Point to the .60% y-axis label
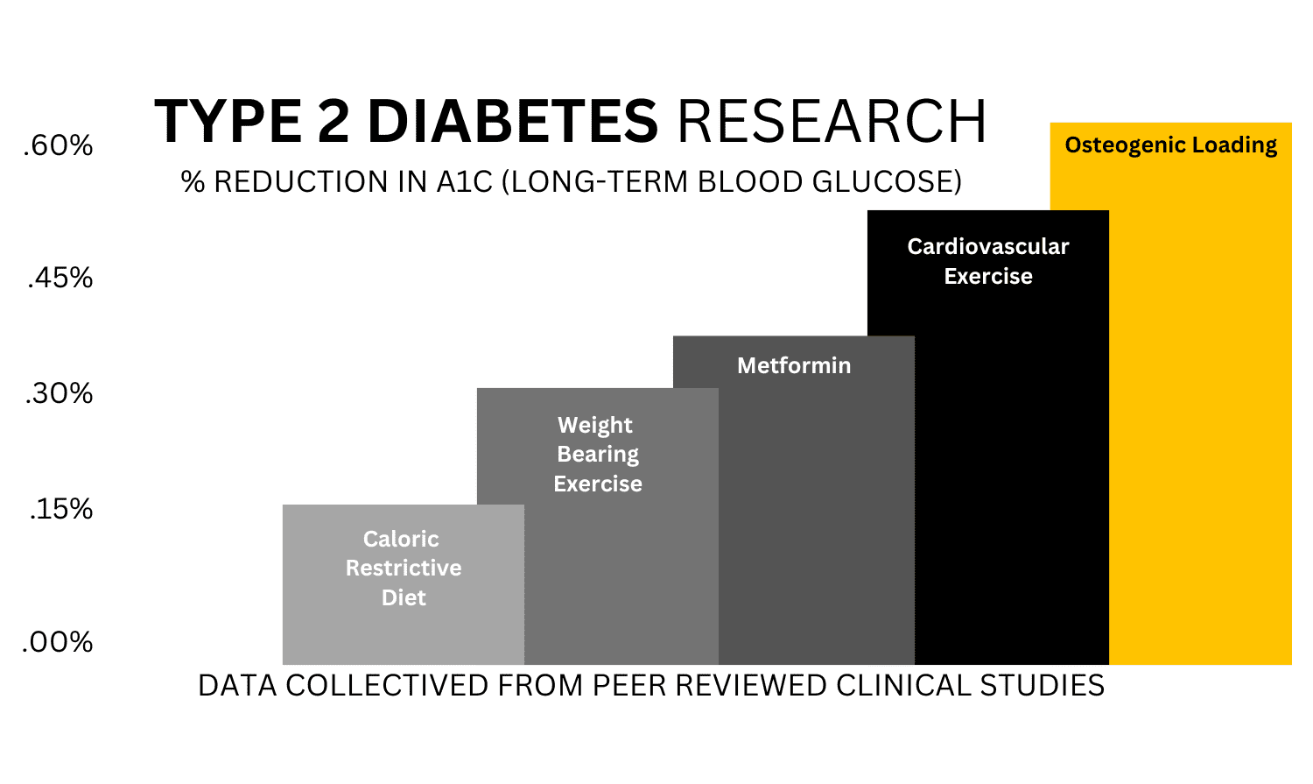click(x=58, y=145)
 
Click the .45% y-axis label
click(x=60, y=279)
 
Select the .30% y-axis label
click(x=59, y=393)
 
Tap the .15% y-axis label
click(x=60, y=509)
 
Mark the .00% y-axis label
click(x=58, y=642)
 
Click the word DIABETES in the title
click(x=512, y=121)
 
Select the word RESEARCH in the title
click(x=832, y=121)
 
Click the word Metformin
click(x=793, y=365)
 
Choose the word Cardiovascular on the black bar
click(x=987, y=247)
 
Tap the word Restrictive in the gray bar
click(x=403, y=569)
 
